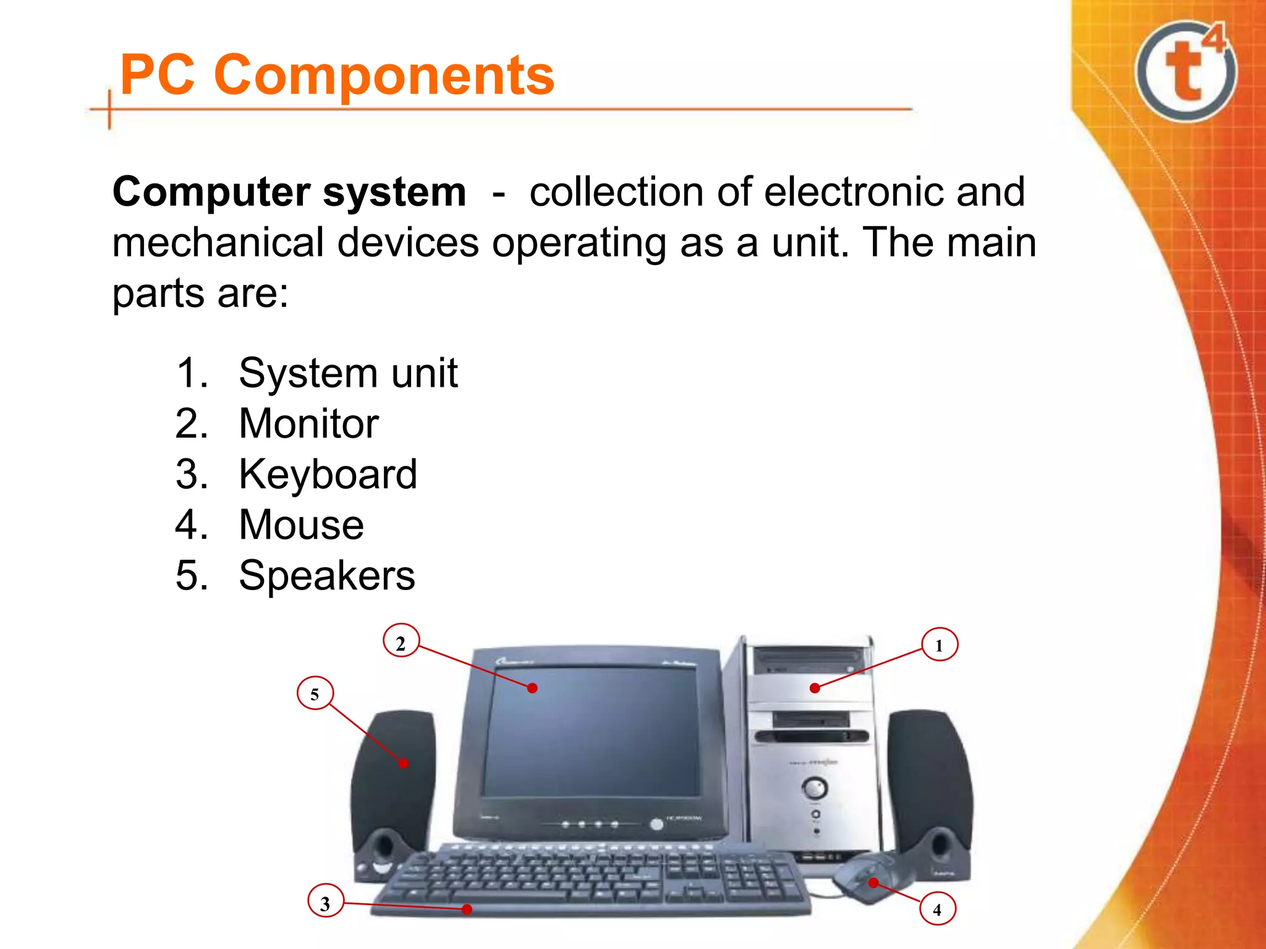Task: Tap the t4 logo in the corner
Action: tap(1186, 71)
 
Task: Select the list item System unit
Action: tap(348, 373)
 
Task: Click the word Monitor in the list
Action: tap(308, 424)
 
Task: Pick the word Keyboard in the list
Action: tap(328, 474)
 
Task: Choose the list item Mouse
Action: tap(301, 525)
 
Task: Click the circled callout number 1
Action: tap(939, 645)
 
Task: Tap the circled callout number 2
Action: tap(401, 643)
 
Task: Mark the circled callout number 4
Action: tap(937, 909)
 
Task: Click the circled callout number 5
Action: tap(315, 693)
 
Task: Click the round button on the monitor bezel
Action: tap(656, 824)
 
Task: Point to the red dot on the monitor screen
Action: tap(532, 688)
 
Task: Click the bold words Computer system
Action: tap(289, 192)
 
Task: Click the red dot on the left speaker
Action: tap(404, 764)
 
